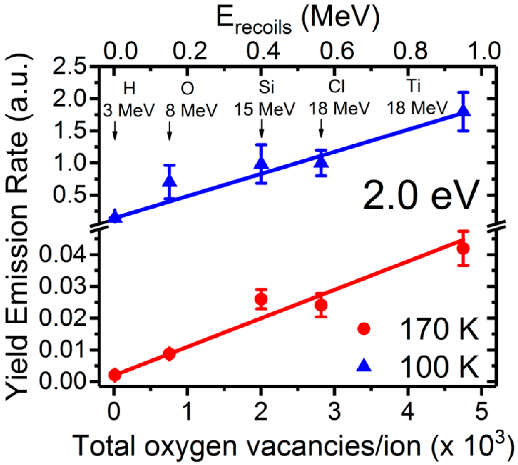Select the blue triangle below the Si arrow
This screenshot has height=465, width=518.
pyautogui.click(x=261, y=163)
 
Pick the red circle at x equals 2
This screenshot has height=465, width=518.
pyautogui.click(x=261, y=299)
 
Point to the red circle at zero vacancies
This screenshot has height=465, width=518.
pyautogui.click(x=115, y=375)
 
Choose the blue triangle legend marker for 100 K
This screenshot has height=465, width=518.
pyautogui.click(x=364, y=366)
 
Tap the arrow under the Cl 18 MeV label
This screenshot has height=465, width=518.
pyautogui.click(x=321, y=128)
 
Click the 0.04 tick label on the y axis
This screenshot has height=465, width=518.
pyautogui.click(x=62, y=254)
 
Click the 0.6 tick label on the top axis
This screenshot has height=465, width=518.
pyautogui.click(x=337, y=51)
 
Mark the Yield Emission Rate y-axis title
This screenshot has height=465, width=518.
pyautogui.click(x=17, y=225)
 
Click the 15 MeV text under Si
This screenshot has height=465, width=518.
pyautogui.click(x=264, y=109)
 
